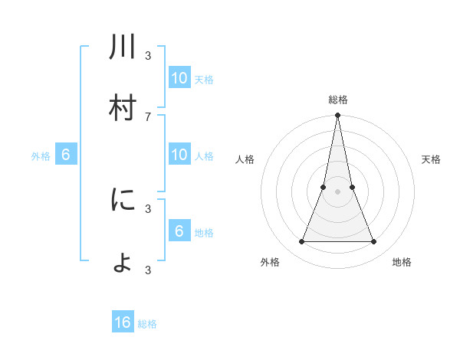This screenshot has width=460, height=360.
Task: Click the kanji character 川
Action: tap(123, 47)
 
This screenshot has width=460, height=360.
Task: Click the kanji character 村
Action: tap(123, 108)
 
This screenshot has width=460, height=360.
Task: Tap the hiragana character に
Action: tap(123, 200)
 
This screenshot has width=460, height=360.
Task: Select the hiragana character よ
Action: tap(123, 262)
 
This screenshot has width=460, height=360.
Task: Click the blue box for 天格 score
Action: tap(179, 78)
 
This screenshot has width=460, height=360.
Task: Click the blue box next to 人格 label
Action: tap(179, 155)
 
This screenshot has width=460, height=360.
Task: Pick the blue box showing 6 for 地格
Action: tap(179, 231)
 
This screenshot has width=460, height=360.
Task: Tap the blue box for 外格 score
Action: tap(66, 155)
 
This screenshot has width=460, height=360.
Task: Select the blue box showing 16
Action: tap(123, 322)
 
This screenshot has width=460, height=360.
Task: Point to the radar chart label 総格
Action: tap(337, 100)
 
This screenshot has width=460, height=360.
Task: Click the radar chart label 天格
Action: tap(431, 159)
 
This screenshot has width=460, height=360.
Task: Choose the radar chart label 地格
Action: tap(402, 262)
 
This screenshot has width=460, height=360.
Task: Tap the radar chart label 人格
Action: tap(245, 159)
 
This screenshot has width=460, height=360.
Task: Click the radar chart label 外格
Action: tap(270, 262)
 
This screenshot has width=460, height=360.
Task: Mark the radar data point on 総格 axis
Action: tap(337, 116)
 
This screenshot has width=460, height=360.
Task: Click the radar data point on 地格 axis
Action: tap(373, 242)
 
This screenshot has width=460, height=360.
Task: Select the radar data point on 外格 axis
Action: tap(301, 242)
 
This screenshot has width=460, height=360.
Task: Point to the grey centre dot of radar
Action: tap(337, 192)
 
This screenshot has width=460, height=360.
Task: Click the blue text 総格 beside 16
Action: tap(147, 324)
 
